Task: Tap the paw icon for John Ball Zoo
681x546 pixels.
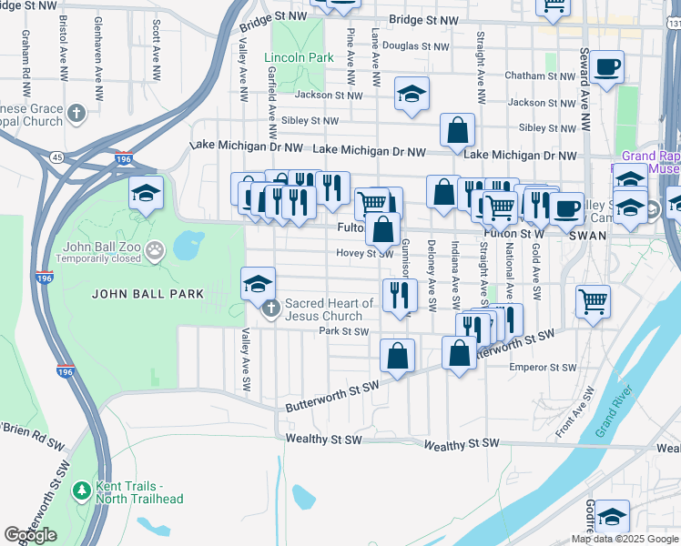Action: [x=155, y=248]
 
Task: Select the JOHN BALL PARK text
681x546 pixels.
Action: [x=131, y=294]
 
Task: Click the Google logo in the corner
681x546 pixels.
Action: [x=30, y=535]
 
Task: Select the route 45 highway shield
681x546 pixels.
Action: [x=58, y=157]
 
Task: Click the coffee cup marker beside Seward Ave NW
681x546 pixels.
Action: [x=606, y=67]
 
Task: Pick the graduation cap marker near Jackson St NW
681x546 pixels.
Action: [x=412, y=95]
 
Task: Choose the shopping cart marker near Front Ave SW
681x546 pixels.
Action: [x=593, y=300]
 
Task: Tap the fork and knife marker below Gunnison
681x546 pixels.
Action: [x=400, y=296]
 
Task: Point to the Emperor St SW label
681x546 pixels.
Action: [x=543, y=368]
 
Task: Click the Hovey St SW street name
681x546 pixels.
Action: [x=363, y=254]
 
